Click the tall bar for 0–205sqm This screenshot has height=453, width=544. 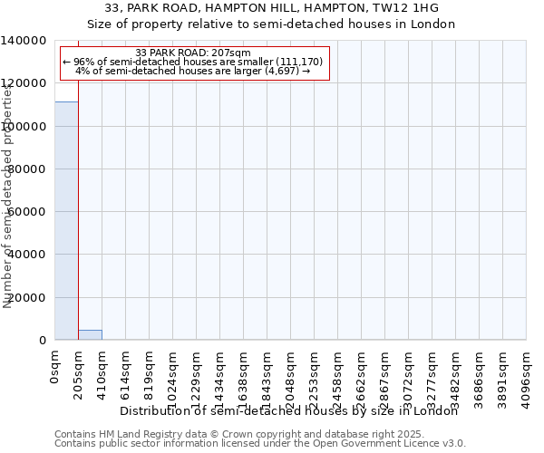tap(66, 220)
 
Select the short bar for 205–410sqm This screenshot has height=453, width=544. tap(90, 334)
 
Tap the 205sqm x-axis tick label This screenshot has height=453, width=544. tap(79, 372)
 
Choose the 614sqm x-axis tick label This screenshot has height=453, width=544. tap(126, 372)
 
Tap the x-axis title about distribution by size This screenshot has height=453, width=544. tap(289, 410)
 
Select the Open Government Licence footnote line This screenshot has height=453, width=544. tap(260, 444)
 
